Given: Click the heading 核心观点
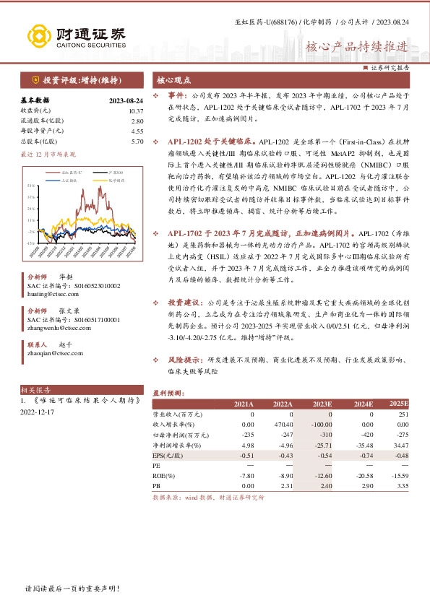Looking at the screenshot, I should pyautogui.click(x=171, y=80).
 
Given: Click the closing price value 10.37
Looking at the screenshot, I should pyautogui.click(x=136, y=110).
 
